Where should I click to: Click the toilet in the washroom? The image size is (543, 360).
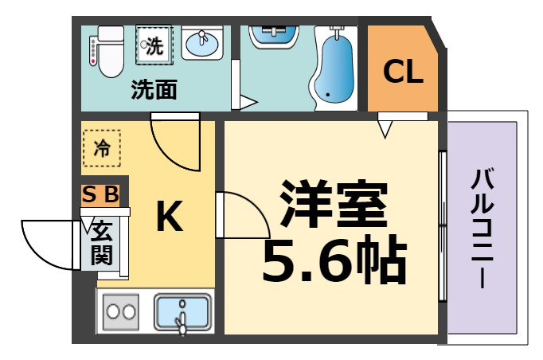tap(107, 49)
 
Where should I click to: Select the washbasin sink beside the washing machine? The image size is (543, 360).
tap(202, 43)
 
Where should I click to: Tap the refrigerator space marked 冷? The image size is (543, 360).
tap(102, 147)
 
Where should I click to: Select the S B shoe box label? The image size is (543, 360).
tap(101, 194)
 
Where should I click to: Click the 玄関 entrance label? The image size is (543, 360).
tap(101, 244)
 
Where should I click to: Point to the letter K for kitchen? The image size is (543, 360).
tap(168, 216)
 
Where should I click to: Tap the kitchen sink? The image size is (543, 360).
tap(182, 312)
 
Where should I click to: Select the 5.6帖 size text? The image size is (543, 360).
tap(334, 258)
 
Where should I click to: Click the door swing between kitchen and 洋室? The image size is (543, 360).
tap(238, 215)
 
